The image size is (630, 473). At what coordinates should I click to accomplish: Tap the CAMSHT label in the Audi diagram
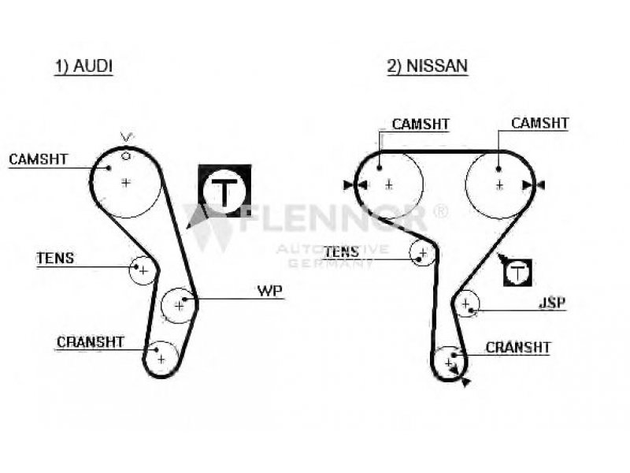[x=39, y=159]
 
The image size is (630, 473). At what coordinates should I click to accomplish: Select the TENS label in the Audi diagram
[x=55, y=258]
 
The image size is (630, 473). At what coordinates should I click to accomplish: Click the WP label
[x=270, y=291]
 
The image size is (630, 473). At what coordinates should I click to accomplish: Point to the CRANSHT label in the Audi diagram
[x=90, y=342]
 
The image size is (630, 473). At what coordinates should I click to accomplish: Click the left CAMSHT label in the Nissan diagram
[x=421, y=124]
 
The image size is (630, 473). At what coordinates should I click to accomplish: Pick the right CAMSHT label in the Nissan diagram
[x=539, y=123]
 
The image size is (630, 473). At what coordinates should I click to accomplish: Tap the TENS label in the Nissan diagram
[x=341, y=252]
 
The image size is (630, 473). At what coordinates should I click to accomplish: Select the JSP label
[x=551, y=303]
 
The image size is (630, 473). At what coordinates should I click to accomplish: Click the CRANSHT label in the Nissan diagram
[x=518, y=347]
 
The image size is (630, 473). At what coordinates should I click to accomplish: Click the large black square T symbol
[x=224, y=189]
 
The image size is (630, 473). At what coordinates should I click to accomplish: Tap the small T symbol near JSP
[x=517, y=273]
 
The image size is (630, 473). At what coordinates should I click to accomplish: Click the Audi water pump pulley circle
[x=178, y=304]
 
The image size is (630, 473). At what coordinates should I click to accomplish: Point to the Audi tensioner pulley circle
[x=143, y=270]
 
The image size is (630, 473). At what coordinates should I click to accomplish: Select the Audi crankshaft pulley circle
[x=161, y=359]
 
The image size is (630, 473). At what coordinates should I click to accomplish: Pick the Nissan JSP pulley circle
[x=466, y=303]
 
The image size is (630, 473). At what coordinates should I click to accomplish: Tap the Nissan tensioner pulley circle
[x=423, y=252]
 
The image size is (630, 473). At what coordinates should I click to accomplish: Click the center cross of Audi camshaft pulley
[x=125, y=183]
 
